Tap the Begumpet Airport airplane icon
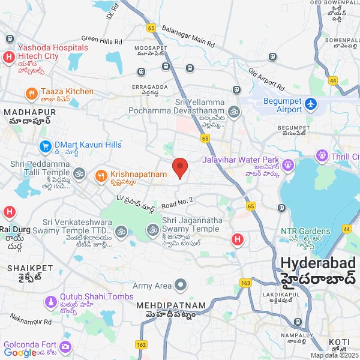coord(311,104)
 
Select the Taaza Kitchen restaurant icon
coord(31,94)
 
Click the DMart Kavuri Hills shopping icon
coord(45,146)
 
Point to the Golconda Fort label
coord(30,345)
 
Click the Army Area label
coord(152,286)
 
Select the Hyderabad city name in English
coord(317,263)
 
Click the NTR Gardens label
coord(305,231)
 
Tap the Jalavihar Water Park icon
coord(287,163)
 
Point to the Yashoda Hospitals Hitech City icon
coord(9,58)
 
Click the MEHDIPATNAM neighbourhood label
coord(170,306)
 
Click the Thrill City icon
coord(323,157)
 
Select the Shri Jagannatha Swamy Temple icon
coord(152,229)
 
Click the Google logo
coord(20,353)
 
